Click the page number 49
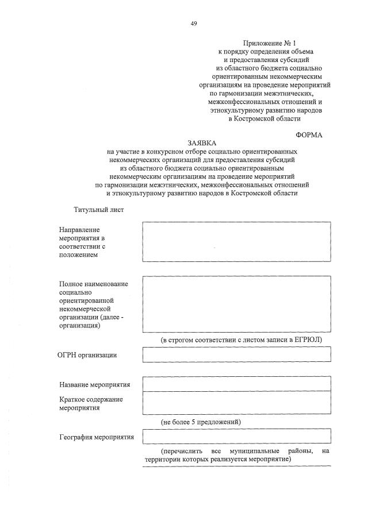pos(194,24)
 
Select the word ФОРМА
pos(309,135)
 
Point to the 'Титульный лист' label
pos(98,210)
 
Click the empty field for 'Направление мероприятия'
pos(236,242)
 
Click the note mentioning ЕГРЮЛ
pos(241,340)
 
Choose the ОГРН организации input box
pos(236,354)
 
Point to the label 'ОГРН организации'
pos(88,355)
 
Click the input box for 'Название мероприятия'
pos(236,384)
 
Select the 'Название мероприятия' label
pos(95,384)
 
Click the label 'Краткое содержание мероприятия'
pos(91,403)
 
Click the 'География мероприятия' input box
pos(236,437)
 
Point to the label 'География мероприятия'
pos(96,437)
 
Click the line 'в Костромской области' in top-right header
pos(264,118)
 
